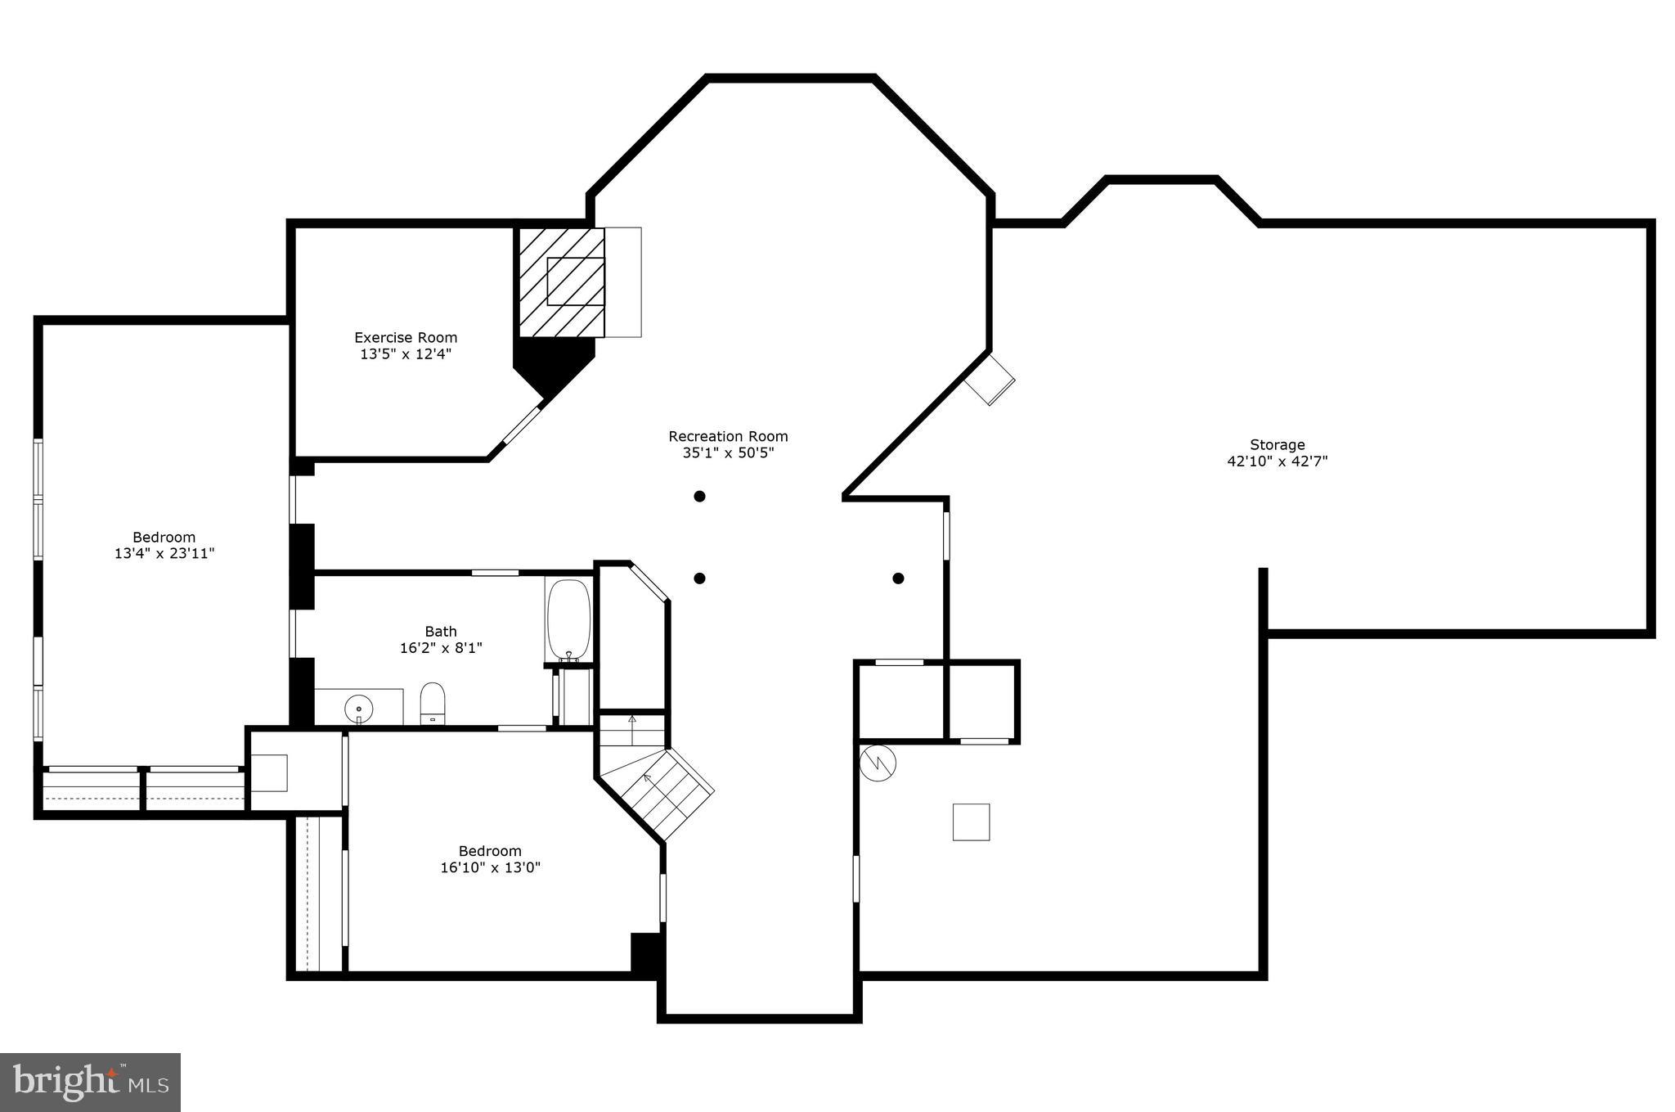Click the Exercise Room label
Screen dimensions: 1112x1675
[406, 337]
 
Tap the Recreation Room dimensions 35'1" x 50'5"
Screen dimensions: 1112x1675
[728, 452]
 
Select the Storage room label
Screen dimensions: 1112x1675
[1277, 444]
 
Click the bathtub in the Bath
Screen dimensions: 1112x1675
[568, 619]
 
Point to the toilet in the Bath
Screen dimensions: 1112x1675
[432, 703]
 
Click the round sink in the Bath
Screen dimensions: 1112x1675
[358, 706]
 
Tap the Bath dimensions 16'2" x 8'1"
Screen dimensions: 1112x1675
[441, 648]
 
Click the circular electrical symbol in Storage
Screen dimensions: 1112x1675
[878, 763]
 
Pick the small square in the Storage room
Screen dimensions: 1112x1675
[971, 822]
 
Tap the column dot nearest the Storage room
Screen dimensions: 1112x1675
[898, 579]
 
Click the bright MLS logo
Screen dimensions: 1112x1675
[91, 1082]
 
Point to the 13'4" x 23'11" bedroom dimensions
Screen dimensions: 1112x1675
[164, 554]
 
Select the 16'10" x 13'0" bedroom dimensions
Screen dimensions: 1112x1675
[490, 867]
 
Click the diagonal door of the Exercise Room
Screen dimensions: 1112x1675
[522, 425]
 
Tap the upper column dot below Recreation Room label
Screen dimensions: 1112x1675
[699, 496]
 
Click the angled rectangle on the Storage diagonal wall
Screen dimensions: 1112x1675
[990, 380]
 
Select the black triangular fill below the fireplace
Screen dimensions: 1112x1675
[550, 364]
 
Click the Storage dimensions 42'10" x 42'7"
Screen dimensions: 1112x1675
[1277, 461]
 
